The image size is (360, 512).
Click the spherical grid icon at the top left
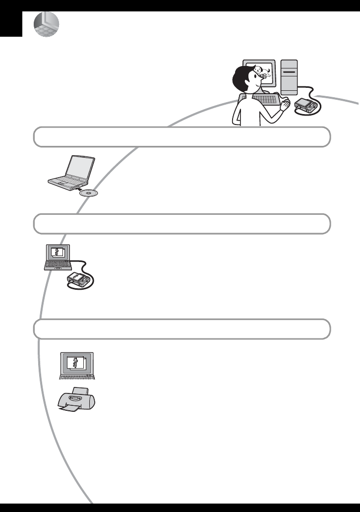(46, 24)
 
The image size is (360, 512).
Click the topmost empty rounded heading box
(181, 136)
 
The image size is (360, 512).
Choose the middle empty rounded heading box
(181, 224)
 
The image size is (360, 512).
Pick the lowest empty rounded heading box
(181, 329)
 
